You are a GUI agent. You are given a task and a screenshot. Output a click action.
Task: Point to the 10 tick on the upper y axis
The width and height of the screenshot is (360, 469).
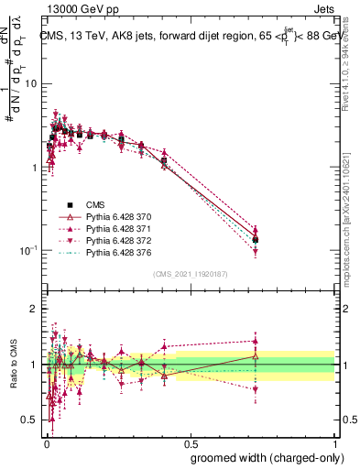coord(30,84)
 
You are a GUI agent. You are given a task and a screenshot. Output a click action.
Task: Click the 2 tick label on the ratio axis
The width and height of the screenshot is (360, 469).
coord(33,309)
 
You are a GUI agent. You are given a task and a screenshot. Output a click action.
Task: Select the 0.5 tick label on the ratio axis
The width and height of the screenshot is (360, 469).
coord(30,420)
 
